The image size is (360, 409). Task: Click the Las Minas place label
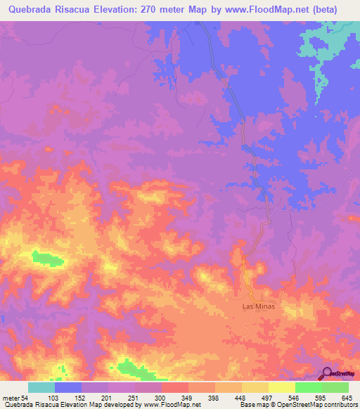[258, 307]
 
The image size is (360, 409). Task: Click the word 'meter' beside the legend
[10, 399]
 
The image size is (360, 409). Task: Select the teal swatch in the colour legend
[41, 388]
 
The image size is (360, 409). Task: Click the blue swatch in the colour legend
[68, 388]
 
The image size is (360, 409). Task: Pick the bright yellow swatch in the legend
[282, 388]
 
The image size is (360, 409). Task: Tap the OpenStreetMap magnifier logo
[328, 373]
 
